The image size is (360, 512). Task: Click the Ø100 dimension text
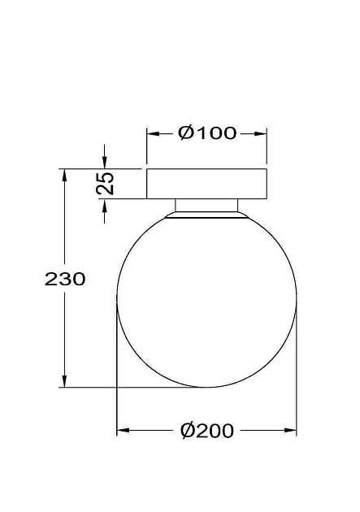tap(206, 133)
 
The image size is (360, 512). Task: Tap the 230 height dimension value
tap(64, 279)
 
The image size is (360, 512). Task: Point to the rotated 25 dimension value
tap(105, 183)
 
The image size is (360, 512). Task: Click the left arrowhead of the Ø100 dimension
tap(152, 133)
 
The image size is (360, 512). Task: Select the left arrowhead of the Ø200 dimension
tap(123, 431)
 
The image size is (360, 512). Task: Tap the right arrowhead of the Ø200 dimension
tap(291, 431)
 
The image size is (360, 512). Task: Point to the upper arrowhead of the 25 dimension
tap(104, 163)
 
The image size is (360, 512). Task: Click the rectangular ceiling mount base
tap(206, 184)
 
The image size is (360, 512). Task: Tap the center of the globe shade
tap(206, 299)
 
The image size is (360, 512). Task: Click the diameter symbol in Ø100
tap(185, 133)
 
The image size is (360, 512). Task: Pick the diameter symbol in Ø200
tap(186, 431)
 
